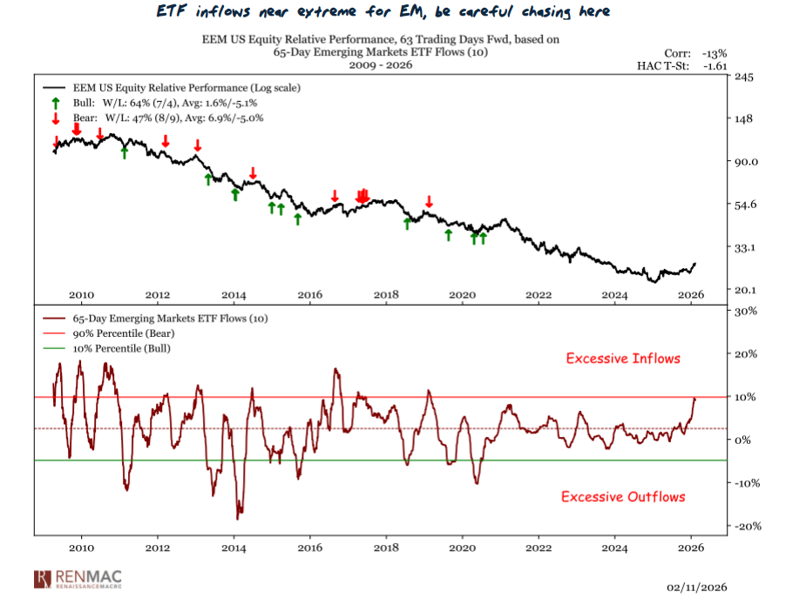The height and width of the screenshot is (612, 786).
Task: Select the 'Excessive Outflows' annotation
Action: coord(623,497)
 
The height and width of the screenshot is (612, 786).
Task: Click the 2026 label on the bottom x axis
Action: coord(691,548)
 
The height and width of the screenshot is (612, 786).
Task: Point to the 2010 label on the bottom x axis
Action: coord(81,548)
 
